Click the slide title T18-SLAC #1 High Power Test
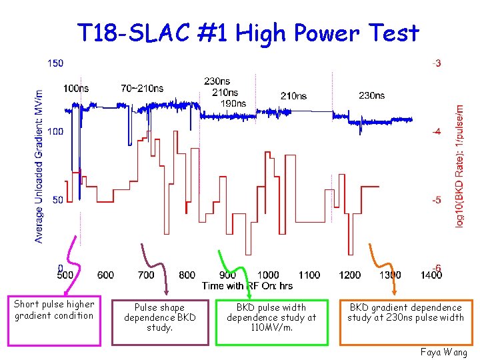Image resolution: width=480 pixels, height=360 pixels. pos(248,33)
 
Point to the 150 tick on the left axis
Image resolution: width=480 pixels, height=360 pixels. pos(56,63)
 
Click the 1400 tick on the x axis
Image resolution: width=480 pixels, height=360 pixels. pos(431,275)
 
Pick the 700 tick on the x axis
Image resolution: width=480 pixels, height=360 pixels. pos(146,275)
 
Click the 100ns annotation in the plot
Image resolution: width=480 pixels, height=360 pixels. pos(76,88)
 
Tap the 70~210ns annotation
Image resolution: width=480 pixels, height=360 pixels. pos(142,88)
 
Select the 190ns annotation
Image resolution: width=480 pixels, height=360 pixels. pos(233,103)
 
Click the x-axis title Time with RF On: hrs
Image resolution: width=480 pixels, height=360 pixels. pos(247,285)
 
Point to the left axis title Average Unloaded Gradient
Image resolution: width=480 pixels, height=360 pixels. pos(39,167)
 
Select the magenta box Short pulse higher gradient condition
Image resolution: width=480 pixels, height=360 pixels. pos(54,321)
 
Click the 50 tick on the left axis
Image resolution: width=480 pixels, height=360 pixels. pos(58,200)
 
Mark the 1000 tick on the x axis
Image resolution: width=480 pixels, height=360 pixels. pos(268,275)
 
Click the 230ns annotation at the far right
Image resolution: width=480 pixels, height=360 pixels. pos(371,95)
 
